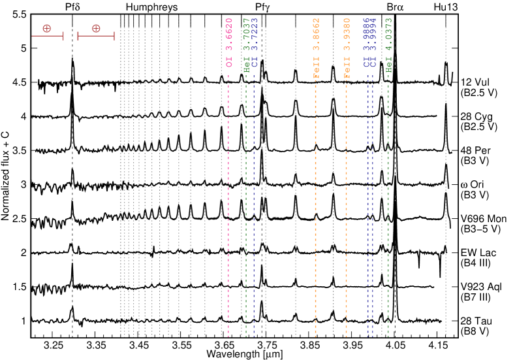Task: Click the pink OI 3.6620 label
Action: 229,43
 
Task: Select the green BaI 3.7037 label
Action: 247,45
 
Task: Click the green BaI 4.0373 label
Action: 389,45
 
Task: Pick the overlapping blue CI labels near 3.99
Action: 370,43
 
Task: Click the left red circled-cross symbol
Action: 47,28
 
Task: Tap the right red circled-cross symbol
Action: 96,28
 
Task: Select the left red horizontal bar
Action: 47,36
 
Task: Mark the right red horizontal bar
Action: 96,36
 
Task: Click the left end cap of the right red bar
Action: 78,36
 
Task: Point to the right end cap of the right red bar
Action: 114,36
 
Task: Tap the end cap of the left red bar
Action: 63,36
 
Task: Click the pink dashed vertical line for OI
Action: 228,196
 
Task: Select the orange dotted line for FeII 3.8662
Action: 315,196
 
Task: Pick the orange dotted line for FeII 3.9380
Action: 347,196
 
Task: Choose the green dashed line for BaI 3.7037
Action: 246,196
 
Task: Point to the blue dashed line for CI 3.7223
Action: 254,196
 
